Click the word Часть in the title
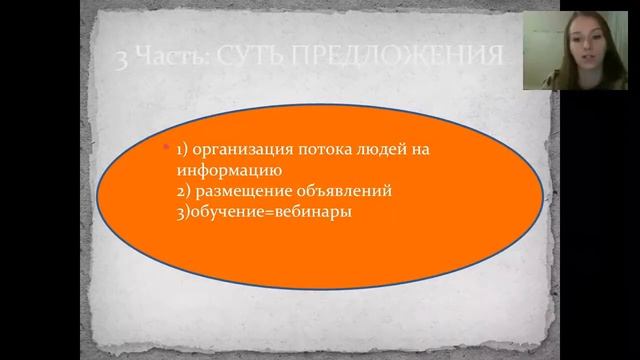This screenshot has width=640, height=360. (x=176, y=57)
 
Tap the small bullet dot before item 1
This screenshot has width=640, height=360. (x=168, y=148)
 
